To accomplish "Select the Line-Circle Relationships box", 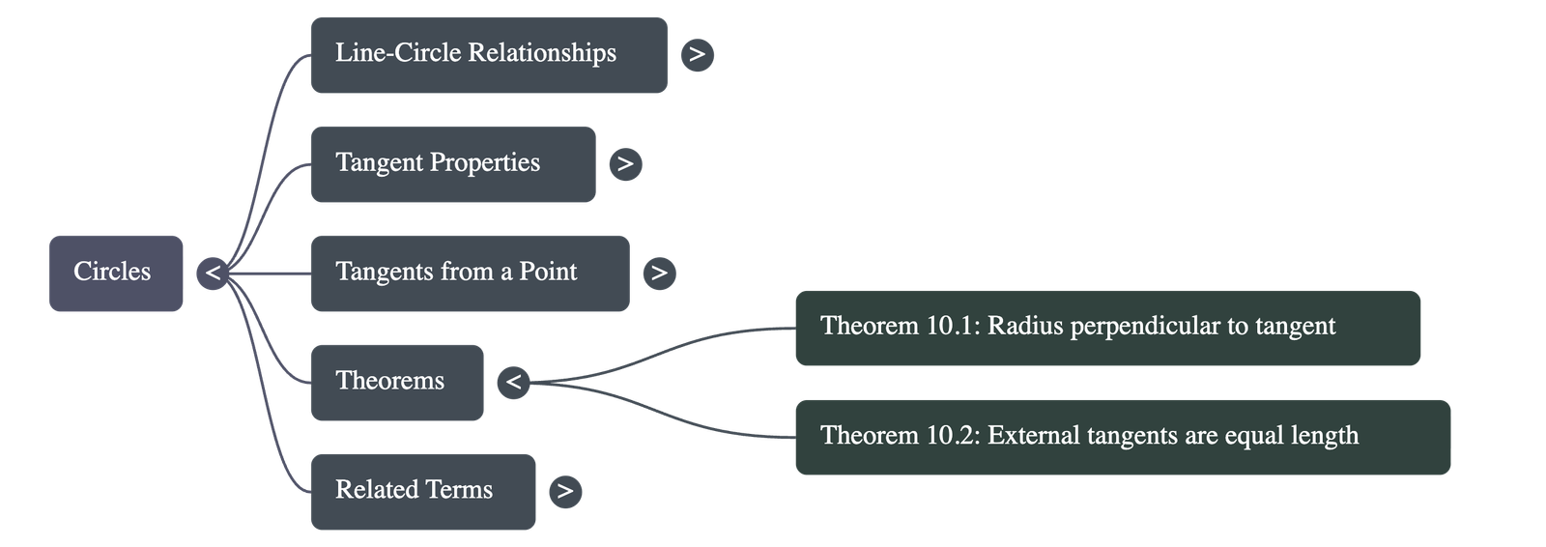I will click(x=488, y=54).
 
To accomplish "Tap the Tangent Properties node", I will click(x=452, y=163).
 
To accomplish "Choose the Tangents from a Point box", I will click(x=470, y=273).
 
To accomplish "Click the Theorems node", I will click(x=396, y=382).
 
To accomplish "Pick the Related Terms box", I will click(x=422, y=491).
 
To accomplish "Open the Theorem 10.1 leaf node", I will click(x=1107, y=328).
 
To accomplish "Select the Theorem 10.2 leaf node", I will click(x=1122, y=437).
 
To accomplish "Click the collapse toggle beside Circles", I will click(x=213, y=273).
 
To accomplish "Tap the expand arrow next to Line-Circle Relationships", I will click(x=697, y=54).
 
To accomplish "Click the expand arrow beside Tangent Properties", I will click(x=625, y=163).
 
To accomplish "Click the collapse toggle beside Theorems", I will click(x=513, y=382).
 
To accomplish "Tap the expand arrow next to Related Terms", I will click(x=565, y=491).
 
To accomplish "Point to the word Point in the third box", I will click(x=548, y=272).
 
